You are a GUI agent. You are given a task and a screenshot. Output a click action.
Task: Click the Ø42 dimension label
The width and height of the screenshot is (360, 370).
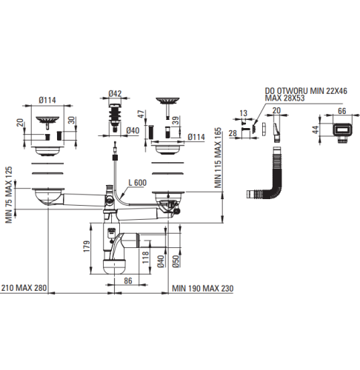(115, 94)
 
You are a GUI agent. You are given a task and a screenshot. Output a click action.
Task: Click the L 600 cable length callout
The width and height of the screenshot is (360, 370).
(137, 183)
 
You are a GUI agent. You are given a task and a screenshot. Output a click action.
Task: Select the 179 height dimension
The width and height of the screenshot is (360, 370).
(87, 246)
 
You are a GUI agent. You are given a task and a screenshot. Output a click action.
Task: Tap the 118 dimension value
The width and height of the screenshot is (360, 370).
(146, 258)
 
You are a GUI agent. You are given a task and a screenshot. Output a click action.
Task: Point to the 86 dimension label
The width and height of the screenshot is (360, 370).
(128, 280)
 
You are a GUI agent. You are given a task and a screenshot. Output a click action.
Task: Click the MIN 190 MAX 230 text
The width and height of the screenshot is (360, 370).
(202, 289)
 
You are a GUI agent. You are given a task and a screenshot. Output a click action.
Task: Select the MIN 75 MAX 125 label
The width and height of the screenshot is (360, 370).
(9, 195)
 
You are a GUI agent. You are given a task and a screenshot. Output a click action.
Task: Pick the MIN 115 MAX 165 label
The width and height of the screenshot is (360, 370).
(218, 158)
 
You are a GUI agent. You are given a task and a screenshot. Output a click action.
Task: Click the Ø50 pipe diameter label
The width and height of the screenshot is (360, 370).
(176, 261)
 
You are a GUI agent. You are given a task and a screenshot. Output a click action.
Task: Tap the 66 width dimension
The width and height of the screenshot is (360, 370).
(341, 111)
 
